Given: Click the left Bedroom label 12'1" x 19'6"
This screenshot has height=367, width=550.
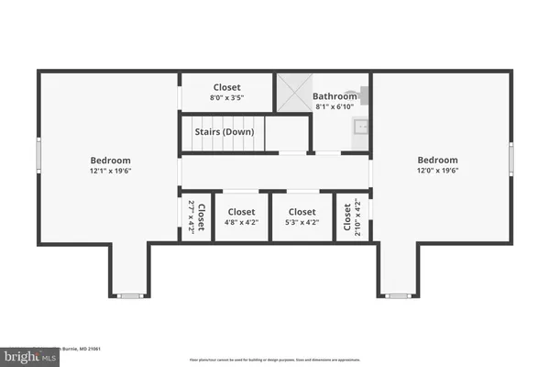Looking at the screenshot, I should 110,164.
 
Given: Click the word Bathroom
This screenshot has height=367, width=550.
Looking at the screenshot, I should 334,95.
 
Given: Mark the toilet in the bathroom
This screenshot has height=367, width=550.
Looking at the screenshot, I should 363,92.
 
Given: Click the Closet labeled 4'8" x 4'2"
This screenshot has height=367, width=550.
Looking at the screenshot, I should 242,217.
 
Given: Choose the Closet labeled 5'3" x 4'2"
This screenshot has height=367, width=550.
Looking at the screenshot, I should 300,217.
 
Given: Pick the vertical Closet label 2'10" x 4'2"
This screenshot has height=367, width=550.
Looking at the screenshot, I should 349,217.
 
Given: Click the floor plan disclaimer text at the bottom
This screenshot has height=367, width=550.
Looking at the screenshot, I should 275,361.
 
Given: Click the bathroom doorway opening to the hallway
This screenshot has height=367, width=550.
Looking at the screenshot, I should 325,153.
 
